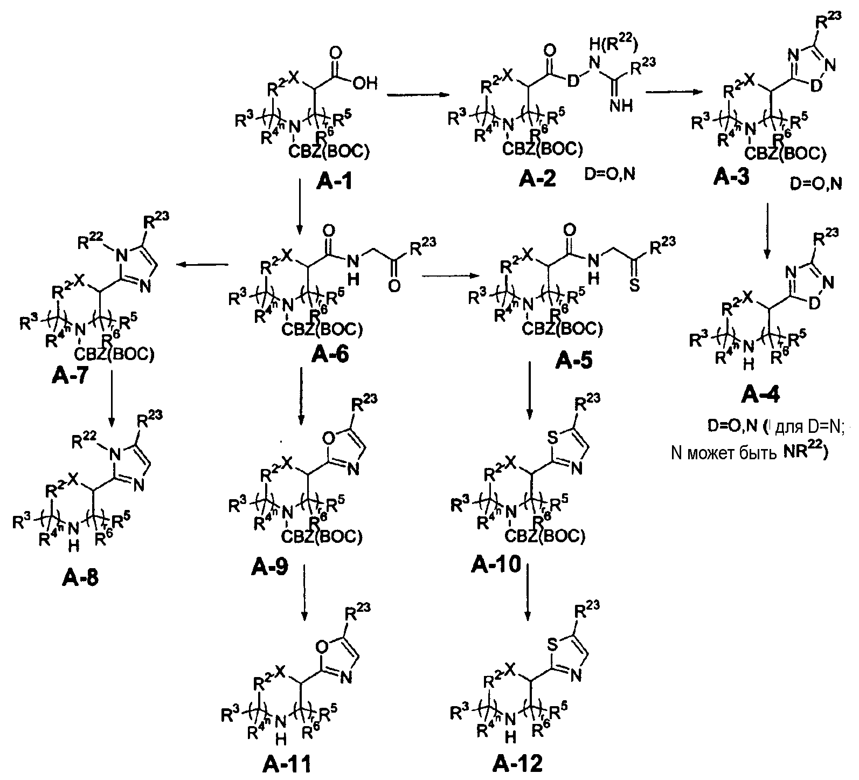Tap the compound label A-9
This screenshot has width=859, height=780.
click(x=269, y=566)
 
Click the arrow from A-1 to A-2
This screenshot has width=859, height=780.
click(x=418, y=95)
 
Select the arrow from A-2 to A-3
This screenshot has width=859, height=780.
click(x=669, y=92)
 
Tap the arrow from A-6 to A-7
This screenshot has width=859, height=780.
click(x=203, y=264)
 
